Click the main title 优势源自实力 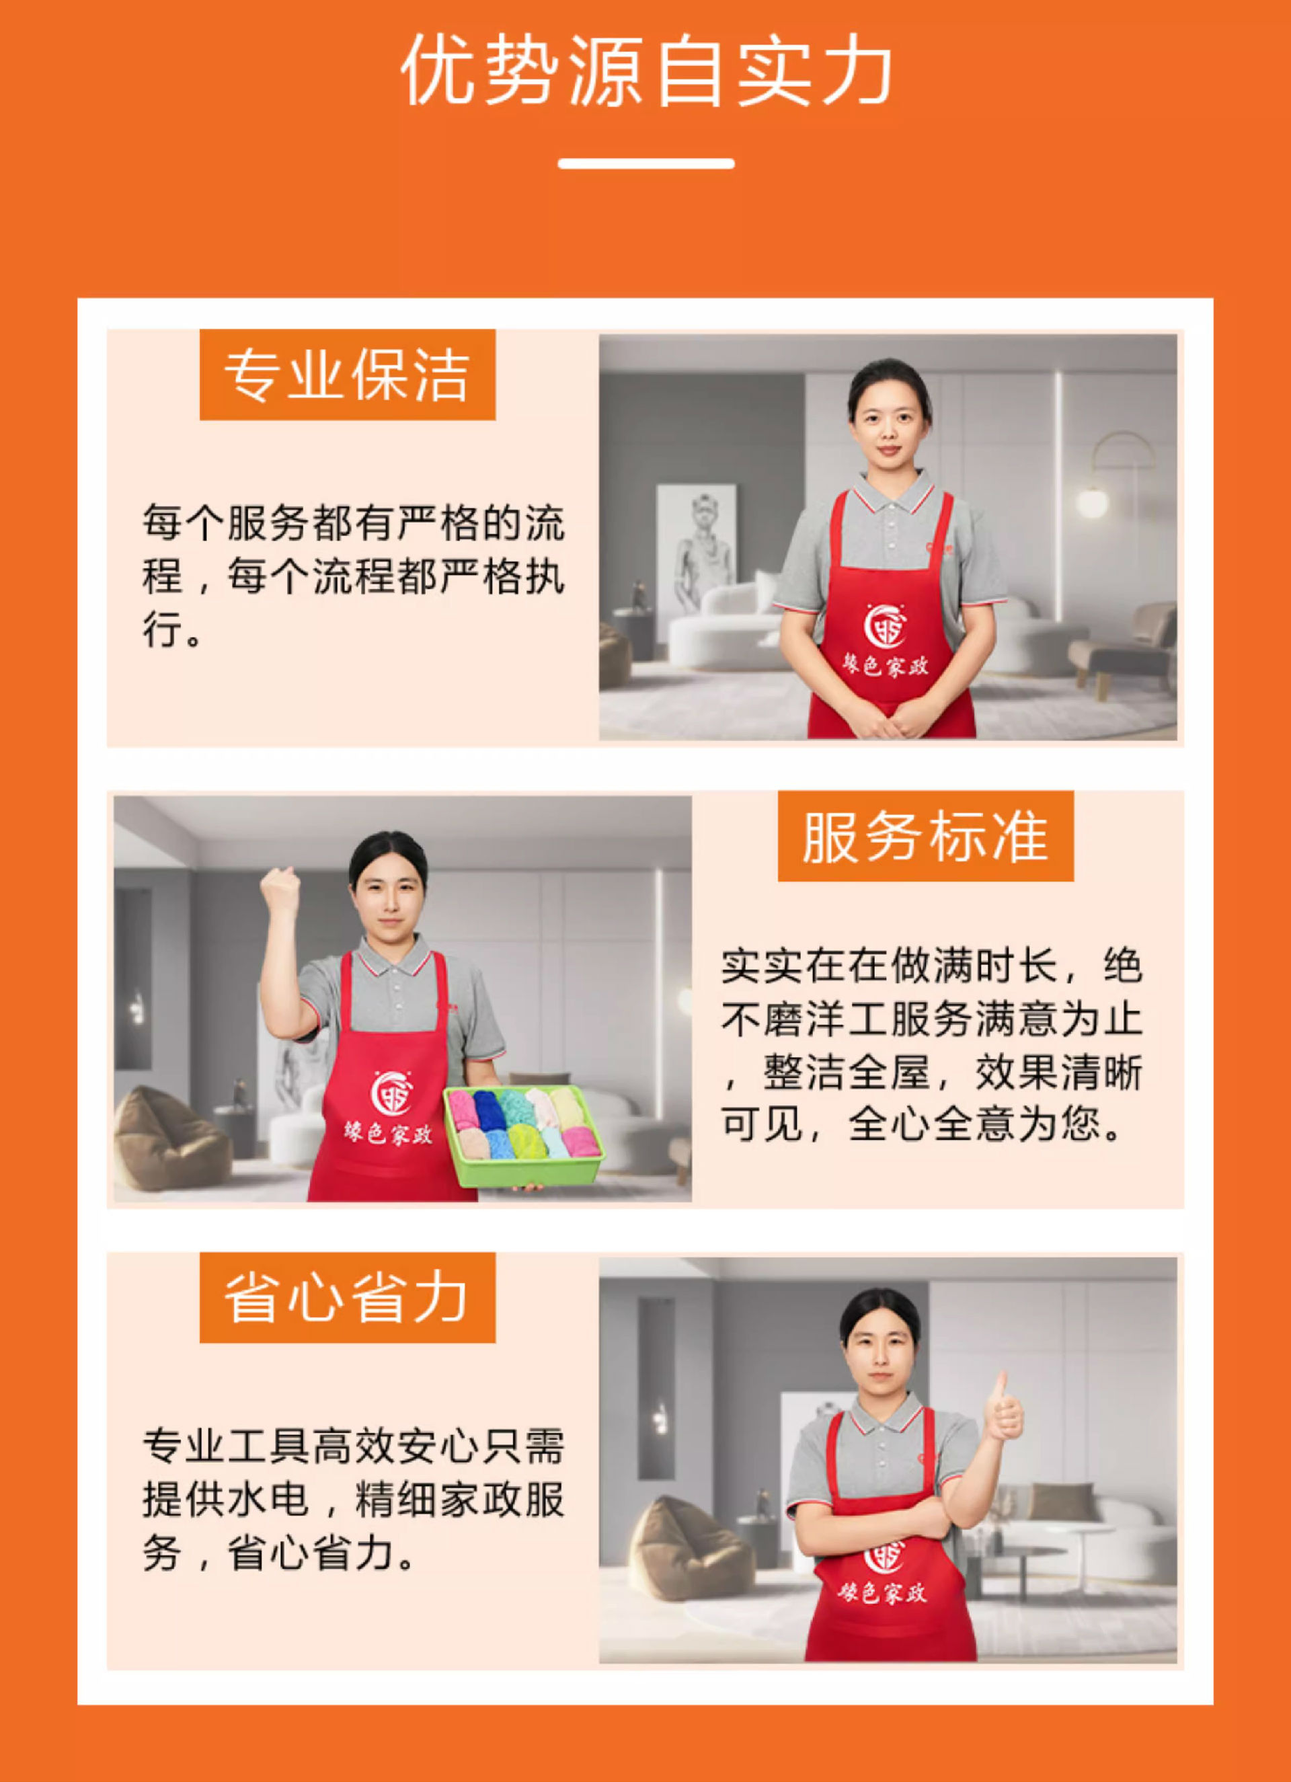646,71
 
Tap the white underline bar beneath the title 646,163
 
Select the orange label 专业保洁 348,375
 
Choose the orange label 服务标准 926,837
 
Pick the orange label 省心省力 348,1298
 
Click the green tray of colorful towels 524,1134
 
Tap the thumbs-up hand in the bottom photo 1003,1407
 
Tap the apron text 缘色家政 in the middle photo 388,1133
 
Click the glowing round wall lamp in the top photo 1092,500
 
